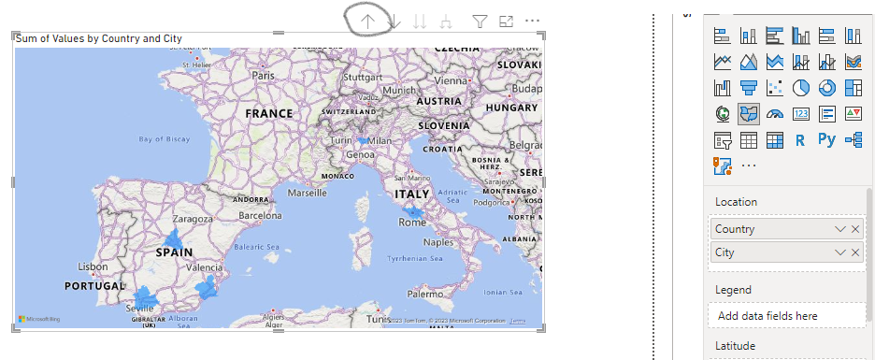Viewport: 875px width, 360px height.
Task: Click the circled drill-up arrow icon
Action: pyautogui.click(x=368, y=21)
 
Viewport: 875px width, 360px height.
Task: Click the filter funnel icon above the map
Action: pyautogui.click(x=480, y=21)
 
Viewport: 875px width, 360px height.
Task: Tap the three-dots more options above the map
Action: pyautogui.click(x=533, y=21)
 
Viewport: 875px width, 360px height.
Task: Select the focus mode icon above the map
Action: pyautogui.click(x=507, y=21)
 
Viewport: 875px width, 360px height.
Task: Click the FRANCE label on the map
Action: pyautogui.click(x=269, y=113)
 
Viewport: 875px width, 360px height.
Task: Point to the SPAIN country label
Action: pyautogui.click(x=174, y=252)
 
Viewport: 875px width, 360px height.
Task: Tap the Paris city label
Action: pyautogui.click(x=264, y=75)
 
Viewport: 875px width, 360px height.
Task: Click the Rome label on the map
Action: pyautogui.click(x=412, y=223)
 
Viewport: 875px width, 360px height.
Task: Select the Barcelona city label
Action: pyautogui.click(x=260, y=215)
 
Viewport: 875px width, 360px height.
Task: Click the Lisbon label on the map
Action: pyautogui.click(x=93, y=266)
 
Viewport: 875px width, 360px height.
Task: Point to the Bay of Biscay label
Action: pyautogui.click(x=164, y=139)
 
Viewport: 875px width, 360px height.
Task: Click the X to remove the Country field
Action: pyautogui.click(x=854, y=229)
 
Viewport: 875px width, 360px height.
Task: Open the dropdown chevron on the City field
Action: pyautogui.click(x=839, y=252)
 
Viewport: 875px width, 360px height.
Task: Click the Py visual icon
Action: pyautogui.click(x=826, y=140)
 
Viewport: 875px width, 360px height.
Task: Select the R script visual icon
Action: pyautogui.click(x=800, y=140)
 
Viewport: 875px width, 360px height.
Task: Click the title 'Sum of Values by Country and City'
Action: pyautogui.click(x=99, y=38)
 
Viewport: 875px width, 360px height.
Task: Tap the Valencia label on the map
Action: pyautogui.click(x=205, y=267)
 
